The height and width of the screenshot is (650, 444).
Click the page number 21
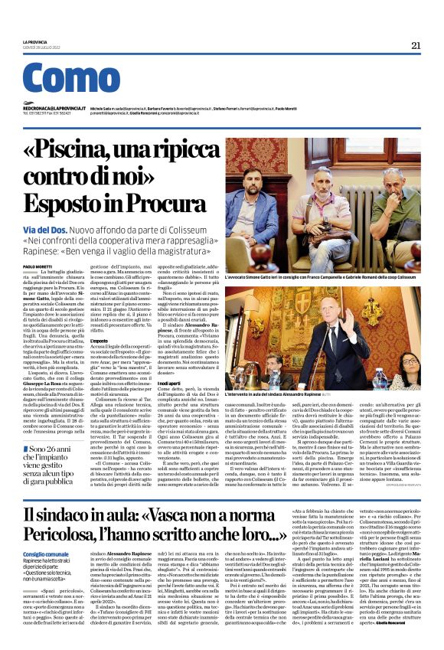(416, 45)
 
